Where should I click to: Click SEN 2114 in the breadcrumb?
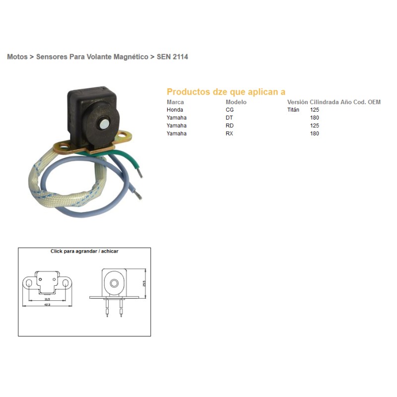pos(172,57)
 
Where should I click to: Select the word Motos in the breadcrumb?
pos(17,57)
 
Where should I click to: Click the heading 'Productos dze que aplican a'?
pos(226,92)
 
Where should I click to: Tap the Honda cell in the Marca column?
pos(175,110)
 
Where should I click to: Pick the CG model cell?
pos(230,110)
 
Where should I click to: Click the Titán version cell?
pos(293,110)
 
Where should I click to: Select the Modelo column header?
pos(236,102)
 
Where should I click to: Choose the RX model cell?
pos(230,133)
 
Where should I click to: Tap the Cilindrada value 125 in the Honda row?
pos(315,110)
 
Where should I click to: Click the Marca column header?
pos(175,102)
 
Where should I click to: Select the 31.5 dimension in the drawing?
pos(47,299)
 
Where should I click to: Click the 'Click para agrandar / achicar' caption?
pos(84,252)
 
